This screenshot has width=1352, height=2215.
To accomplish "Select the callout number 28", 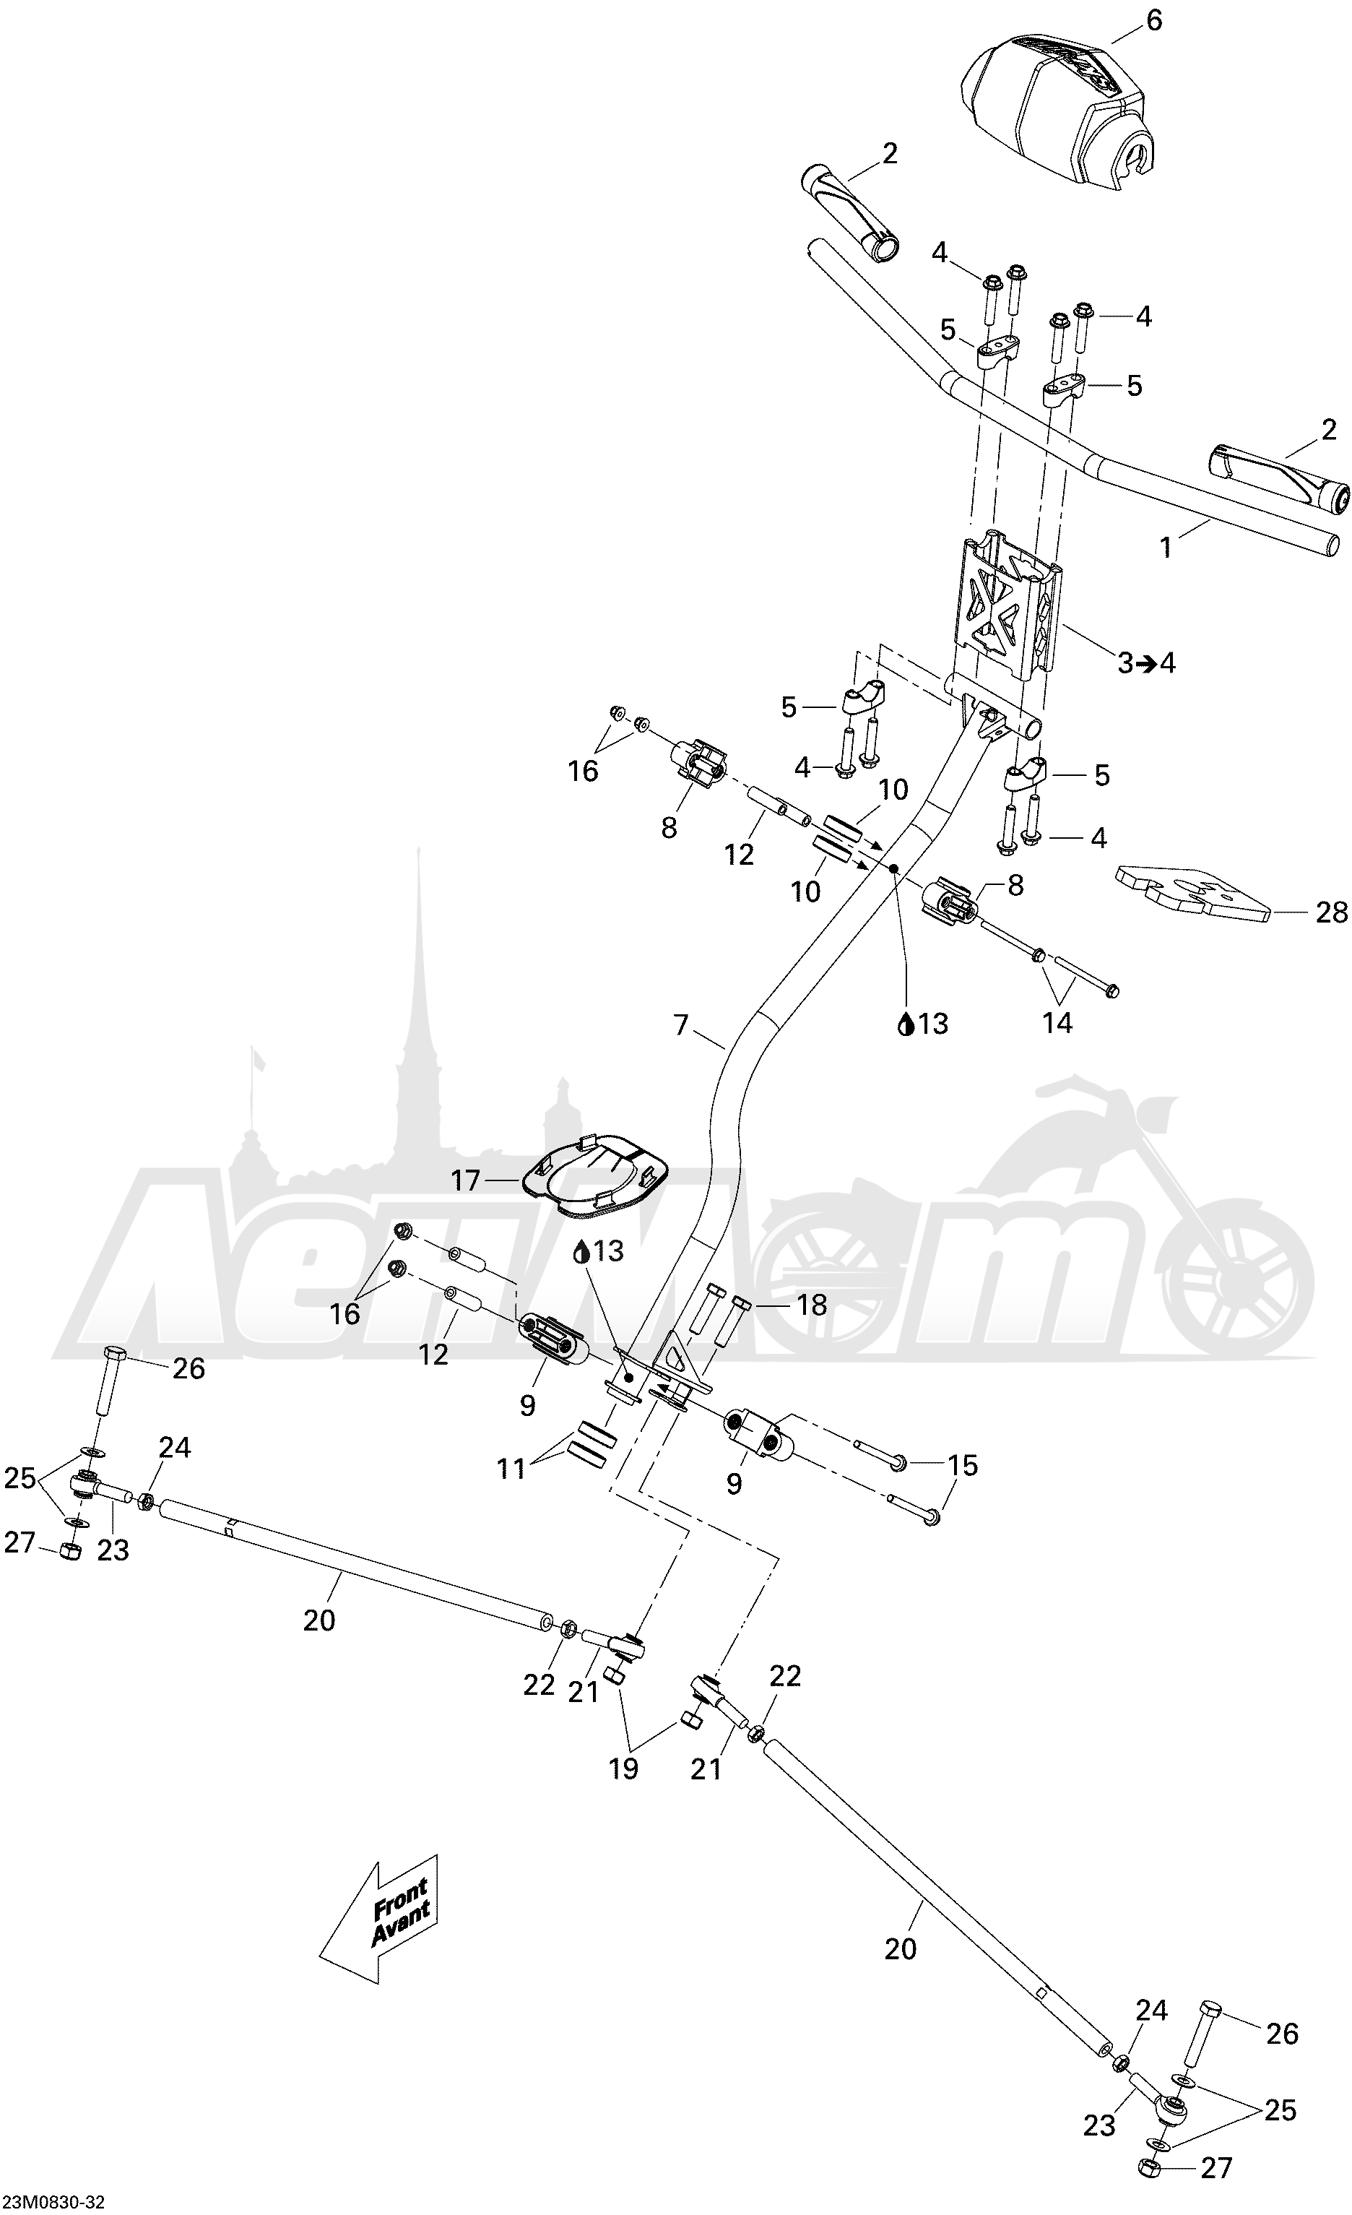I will (x=1331, y=913).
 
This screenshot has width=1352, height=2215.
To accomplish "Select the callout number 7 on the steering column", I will (x=680, y=1024).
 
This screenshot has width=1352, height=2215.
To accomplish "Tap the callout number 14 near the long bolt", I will (x=1057, y=1022).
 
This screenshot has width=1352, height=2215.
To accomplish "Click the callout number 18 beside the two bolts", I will (x=812, y=1305).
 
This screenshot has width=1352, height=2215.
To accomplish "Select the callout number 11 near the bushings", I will (x=511, y=1469).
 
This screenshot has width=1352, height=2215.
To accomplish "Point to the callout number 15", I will (x=962, y=1465).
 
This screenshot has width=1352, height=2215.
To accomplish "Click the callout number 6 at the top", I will (x=1154, y=20).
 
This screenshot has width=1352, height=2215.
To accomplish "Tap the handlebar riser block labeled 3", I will (x=1007, y=611).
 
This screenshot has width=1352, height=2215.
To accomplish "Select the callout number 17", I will (x=466, y=1180).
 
